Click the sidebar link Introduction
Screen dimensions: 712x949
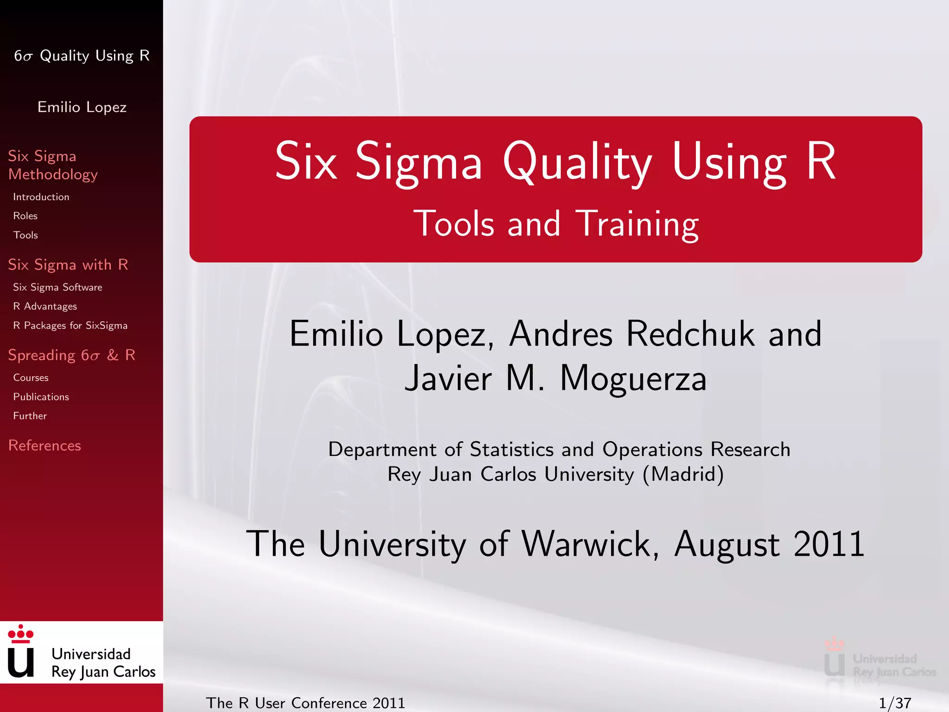pyautogui.click(x=41, y=197)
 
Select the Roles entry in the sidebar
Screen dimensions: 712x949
pyautogui.click(x=25, y=216)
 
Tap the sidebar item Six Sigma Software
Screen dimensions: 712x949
pyautogui.click(x=57, y=287)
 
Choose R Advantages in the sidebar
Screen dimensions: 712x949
pyautogui.click(x=45, y=306)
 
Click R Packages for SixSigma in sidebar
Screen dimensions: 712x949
pyautogui.click(x=70, y=325)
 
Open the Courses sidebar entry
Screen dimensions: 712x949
pyautogui.click(x=31, y=378)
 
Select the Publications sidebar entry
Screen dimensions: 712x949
pyautogui.click(x=41, y=397)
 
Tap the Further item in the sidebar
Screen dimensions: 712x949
pyautogui.click(x=30, y=416)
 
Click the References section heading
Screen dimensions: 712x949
pyautogui.click(x=44, y=445)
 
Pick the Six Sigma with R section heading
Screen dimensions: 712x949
pyautogui.click(x=68, y=265)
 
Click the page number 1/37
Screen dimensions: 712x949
pyautogui.click(x=895, y=703)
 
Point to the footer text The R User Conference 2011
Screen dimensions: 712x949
pyautogui.click(x=305, y=703)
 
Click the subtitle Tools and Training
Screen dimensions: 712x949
pyautogui.click(x=556, y=224)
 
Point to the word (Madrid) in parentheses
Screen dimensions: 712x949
pyautogui.click(x=683, y=474)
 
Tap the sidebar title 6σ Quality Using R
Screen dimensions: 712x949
pyautogui.click(x=82, y=56)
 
